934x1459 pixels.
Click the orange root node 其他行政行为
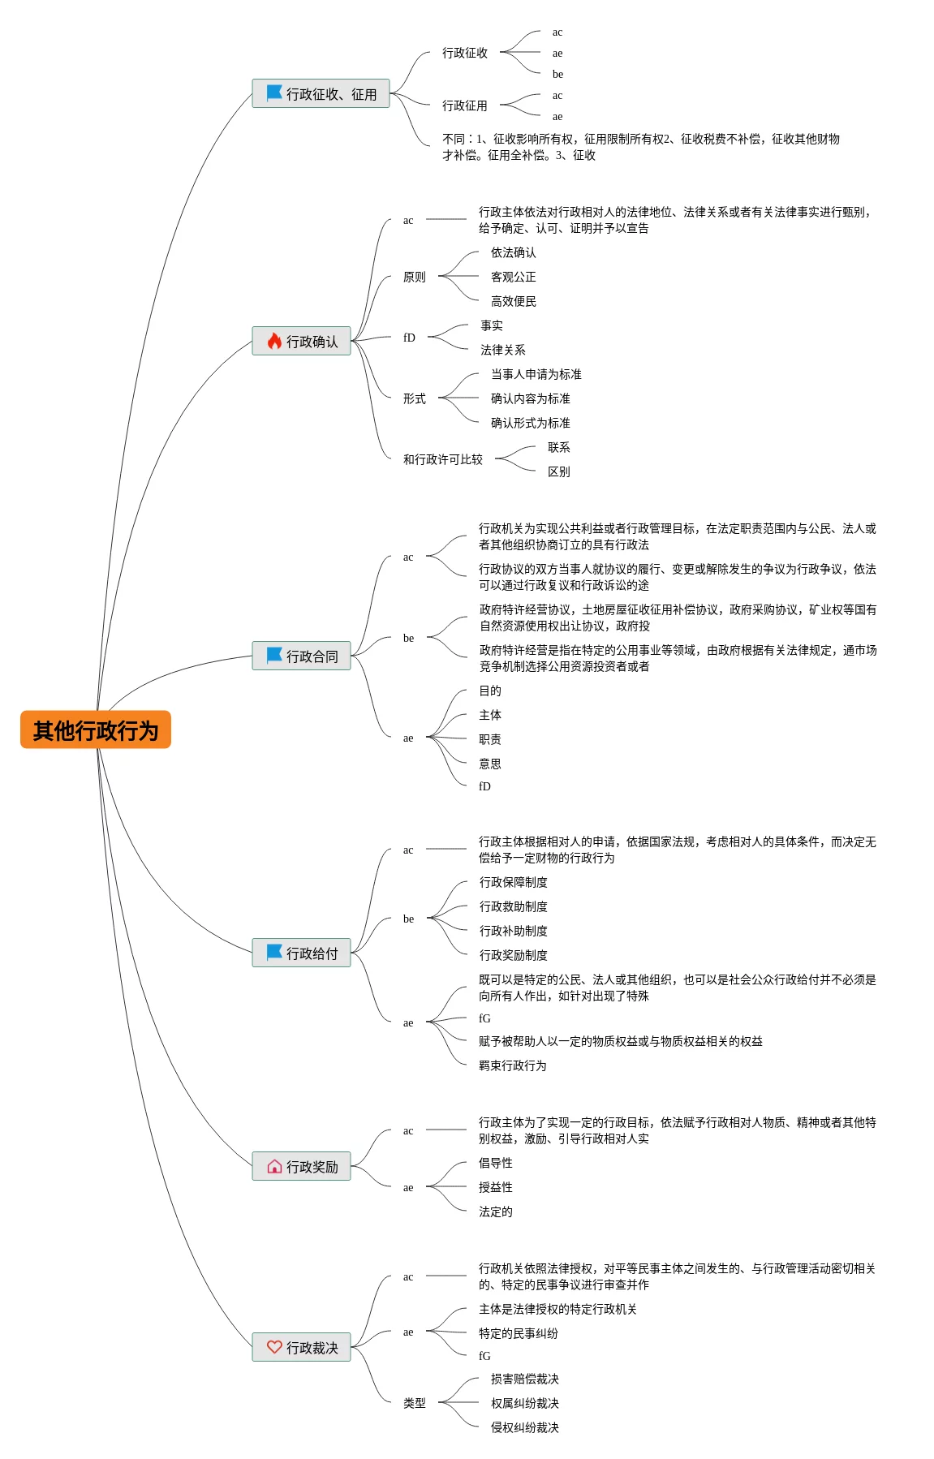tap(96, 730)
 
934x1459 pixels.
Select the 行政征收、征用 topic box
tap(321, 94)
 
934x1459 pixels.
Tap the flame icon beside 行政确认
tap(274, 342)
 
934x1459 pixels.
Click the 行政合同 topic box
tap(302, 656)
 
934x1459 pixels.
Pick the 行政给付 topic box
tap(302, 953)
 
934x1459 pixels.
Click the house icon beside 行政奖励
tap(274, 1167)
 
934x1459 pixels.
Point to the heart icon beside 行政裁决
tap(274, 1347)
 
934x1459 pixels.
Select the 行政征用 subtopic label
tap(464, 105)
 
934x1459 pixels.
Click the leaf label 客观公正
tap(513, 277)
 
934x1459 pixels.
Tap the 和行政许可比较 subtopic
tap(442, 459)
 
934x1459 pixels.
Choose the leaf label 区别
tap(558, 471)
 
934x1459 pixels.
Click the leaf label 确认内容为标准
tap(530, 398)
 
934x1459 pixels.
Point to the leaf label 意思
tap(489, 764)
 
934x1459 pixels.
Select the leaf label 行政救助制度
tap(513, 906)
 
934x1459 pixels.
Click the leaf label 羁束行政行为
tap(512, 1065)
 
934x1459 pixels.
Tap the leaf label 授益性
tap(495, 1187)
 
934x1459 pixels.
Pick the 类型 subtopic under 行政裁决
tap(414, 1403)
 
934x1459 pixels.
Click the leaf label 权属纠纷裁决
tap(524, 1403)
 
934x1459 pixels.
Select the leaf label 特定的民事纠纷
tap(518, 1333)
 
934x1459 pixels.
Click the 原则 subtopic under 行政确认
tap(414, 277)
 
